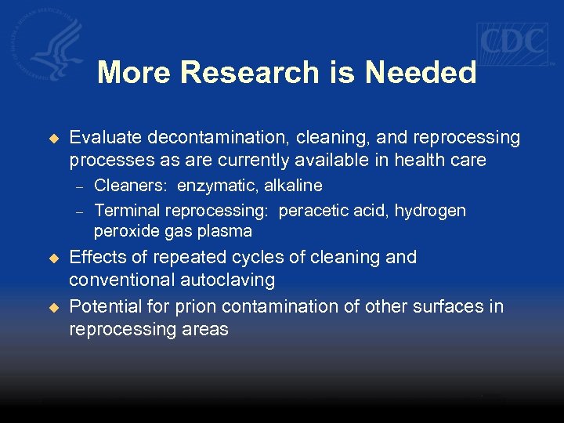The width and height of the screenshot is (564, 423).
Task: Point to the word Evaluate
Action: click(100, 138)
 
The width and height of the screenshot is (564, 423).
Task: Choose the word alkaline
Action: click(294, 186)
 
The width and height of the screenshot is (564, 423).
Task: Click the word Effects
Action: click(97, 258)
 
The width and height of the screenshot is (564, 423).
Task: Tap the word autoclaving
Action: click(229, 280)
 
